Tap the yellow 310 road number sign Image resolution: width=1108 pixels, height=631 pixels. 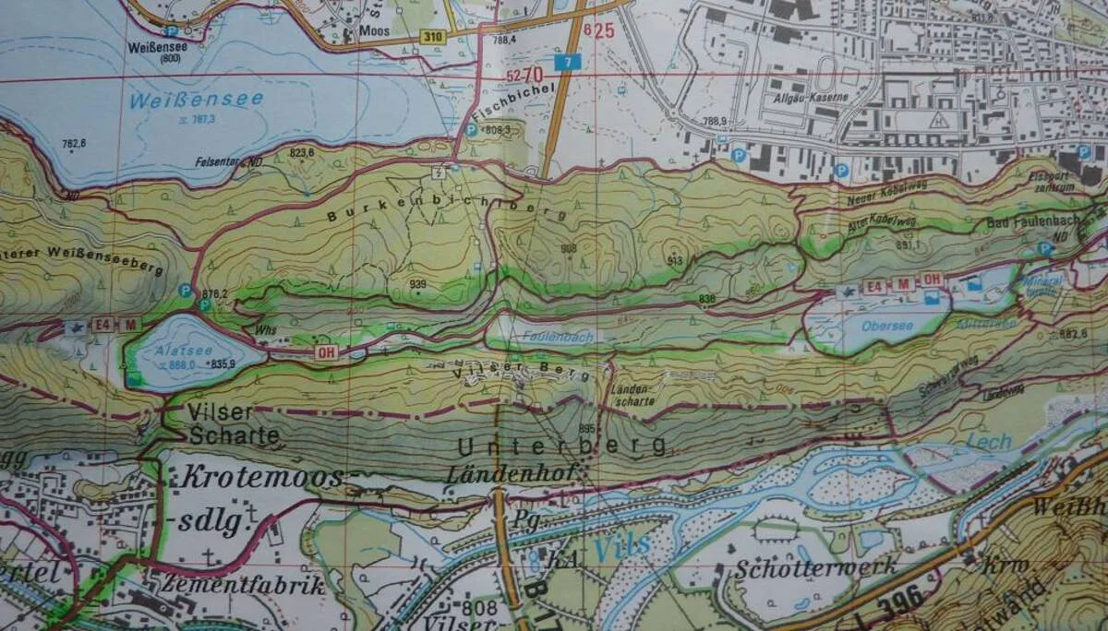(x=433, y=37)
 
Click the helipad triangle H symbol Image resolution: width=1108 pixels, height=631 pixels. (x=940, y=120)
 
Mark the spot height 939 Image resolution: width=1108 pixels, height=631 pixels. (x=418, y=282)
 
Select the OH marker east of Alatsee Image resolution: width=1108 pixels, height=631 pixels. (x=325, y=351)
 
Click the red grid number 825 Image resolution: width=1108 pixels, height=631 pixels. (x=599, y=30)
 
